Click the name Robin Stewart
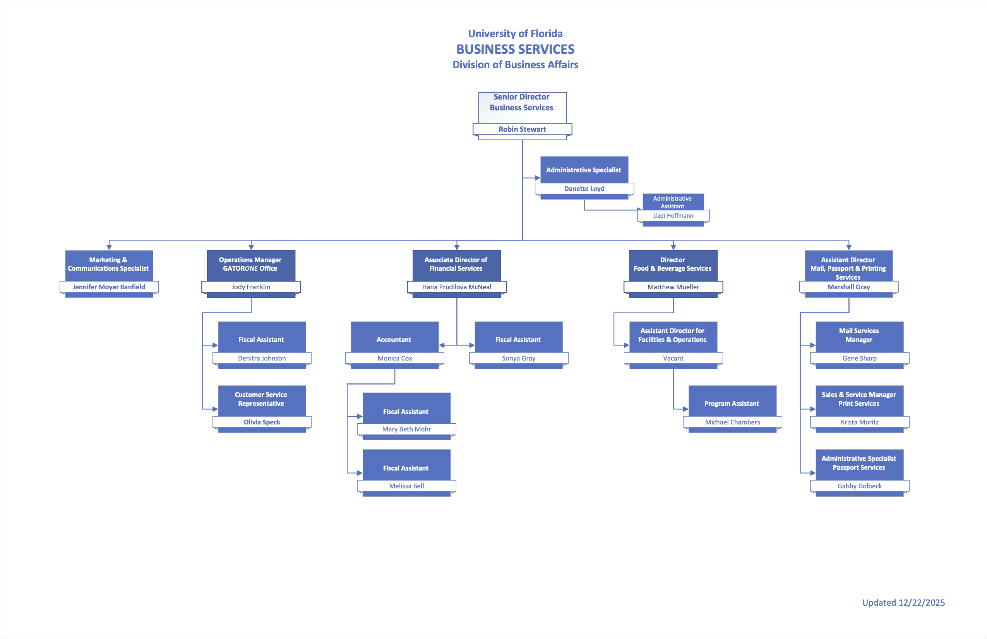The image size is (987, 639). point(522,129)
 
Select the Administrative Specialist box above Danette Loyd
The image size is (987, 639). point(584,170)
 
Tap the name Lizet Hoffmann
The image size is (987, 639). point(673,216)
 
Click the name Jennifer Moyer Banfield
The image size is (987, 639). point(109,287)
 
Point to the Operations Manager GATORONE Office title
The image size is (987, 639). point(250,264)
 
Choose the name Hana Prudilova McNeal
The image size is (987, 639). point(456,287)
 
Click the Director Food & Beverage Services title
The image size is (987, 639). point(672,264)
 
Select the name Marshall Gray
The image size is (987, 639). point(848,287)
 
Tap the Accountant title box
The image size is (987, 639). point(394,339)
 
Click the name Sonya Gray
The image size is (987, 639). point(518,358)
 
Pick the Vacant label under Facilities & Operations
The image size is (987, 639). point(673,358)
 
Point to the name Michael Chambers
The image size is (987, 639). point(732,422)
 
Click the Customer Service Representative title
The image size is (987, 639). point(261,399)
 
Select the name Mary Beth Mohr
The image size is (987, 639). point(406,429)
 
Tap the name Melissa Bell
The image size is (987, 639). point(406,486)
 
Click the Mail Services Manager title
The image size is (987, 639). point(858,335)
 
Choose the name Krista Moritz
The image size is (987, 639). point(859,422)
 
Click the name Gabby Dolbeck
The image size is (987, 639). point(859,486)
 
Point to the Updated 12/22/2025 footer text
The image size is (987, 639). point(903,603)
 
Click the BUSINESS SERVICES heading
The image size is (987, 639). point(515,50)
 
